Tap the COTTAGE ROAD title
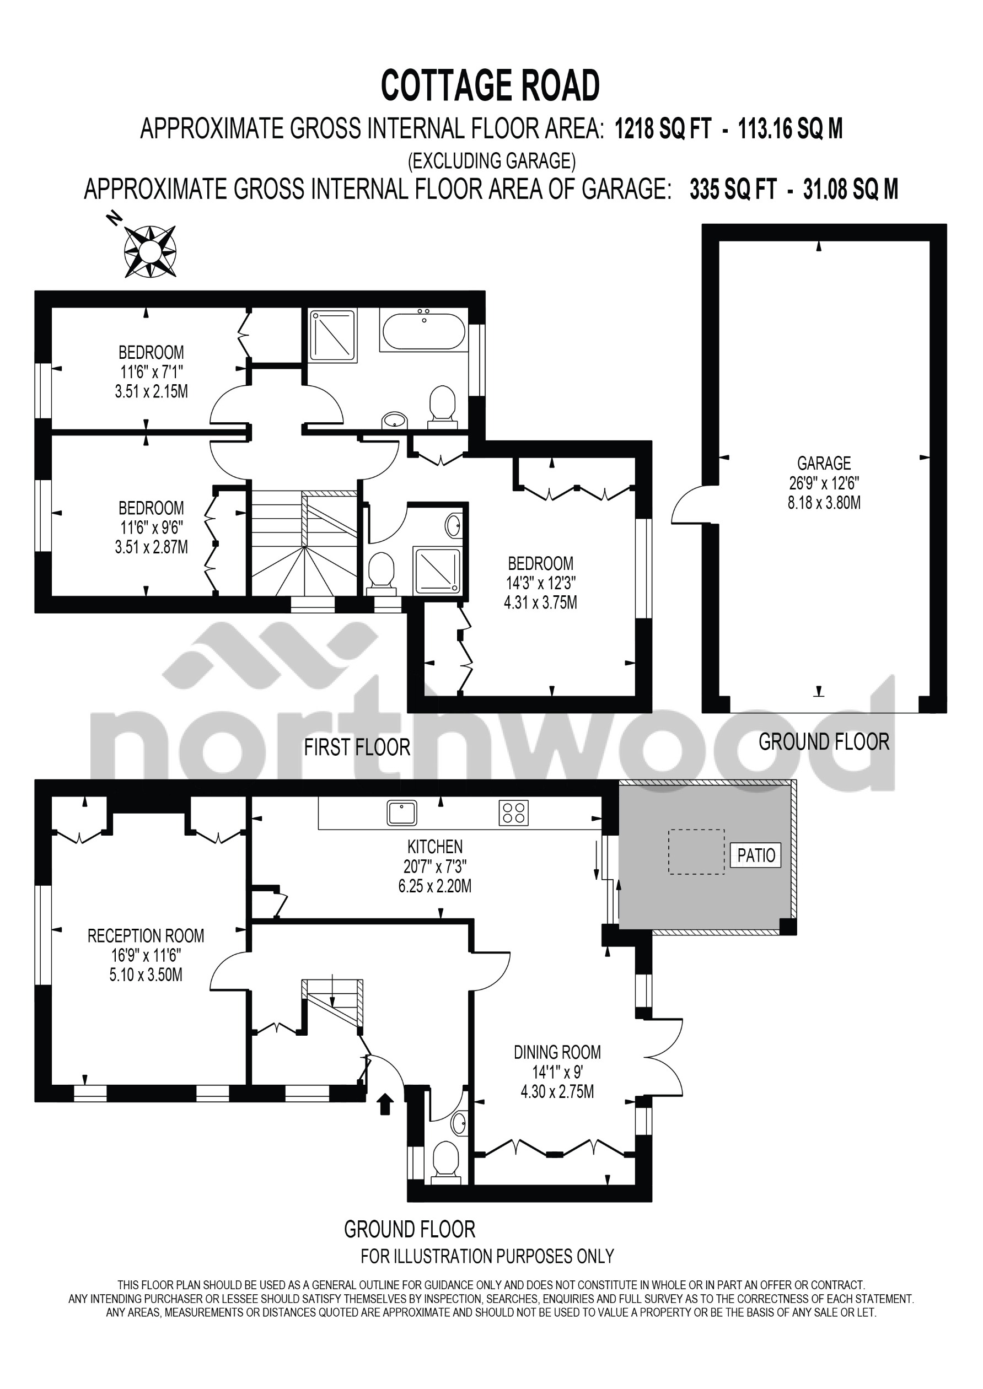click(x=490, y=86)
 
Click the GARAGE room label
click(x=824, y=464)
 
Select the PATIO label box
click(x=756, y=855)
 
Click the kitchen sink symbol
click(x=401, y=813)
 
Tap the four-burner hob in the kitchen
click(x=513, y=813)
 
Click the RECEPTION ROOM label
click(x=146, y=936)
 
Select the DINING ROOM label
click(x=557, y=1052)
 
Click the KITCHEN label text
click(x=434, y=846)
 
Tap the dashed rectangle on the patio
click(x=696, y=852)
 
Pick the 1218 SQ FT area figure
click(x=663, y=129)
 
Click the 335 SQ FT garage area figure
click(x=733, y=190)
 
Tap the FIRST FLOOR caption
click(x=357, y=747)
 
